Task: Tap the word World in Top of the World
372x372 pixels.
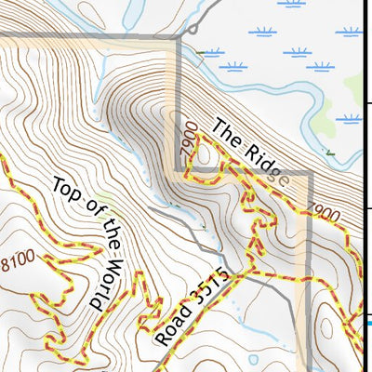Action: pos(103,276)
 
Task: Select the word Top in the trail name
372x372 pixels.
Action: pos(62,189)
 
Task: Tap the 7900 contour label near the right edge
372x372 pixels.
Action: pos(323,209)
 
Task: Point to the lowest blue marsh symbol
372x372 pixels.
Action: pos(352,119)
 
